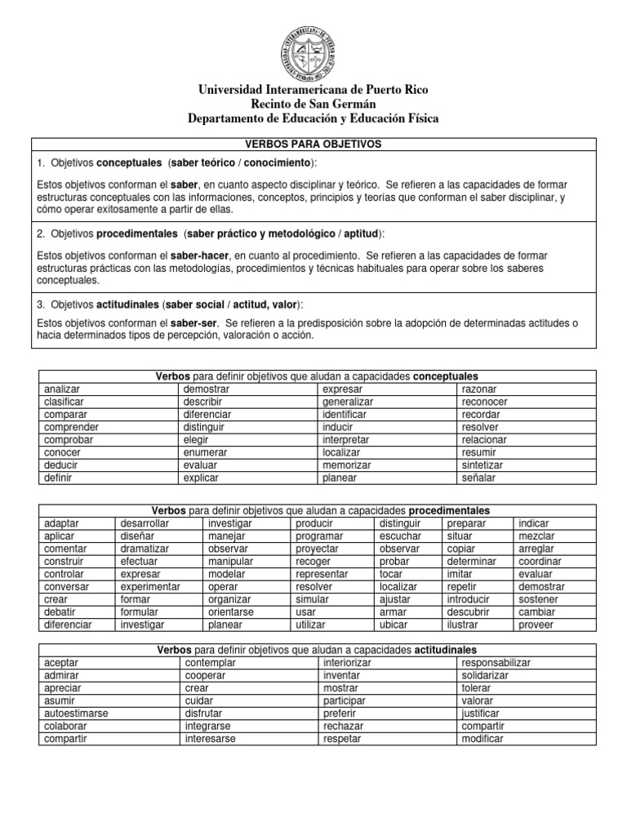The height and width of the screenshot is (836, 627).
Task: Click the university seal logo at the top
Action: pyautogui.click(x=313, y=48)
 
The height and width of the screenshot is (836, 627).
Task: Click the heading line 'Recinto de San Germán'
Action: pyautogui.click(x=313, y=104)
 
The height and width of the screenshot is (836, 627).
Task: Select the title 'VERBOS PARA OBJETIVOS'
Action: pyautogui.click(x=313, y=144)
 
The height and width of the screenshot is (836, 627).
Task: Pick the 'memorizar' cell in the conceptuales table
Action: pyautogui.click(x=346, y=465)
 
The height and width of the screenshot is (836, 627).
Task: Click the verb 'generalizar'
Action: pyautogui.click(x=348, y=402)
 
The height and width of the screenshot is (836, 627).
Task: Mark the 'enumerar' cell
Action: pyautogui.click(x=206, y=451)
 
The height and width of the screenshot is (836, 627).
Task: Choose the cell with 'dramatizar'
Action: pyautogui.click(x=145, y=549)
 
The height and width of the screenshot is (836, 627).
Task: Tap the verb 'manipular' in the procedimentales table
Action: pyautogui.click(x=231, y=562)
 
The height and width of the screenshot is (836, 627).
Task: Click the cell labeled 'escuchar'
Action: pyautogui.click(x=400, y=536)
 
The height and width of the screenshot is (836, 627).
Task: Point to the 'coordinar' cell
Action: pyautogui.click(x=540, y=562)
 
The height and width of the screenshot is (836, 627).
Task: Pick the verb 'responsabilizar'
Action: pyautogui.click(x=496, y=663)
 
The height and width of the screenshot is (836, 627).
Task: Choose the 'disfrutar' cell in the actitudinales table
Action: pyautogui.click(x=205, y=713)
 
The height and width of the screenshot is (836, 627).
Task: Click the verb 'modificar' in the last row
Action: pyautogui.click(x=482, y=738)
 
